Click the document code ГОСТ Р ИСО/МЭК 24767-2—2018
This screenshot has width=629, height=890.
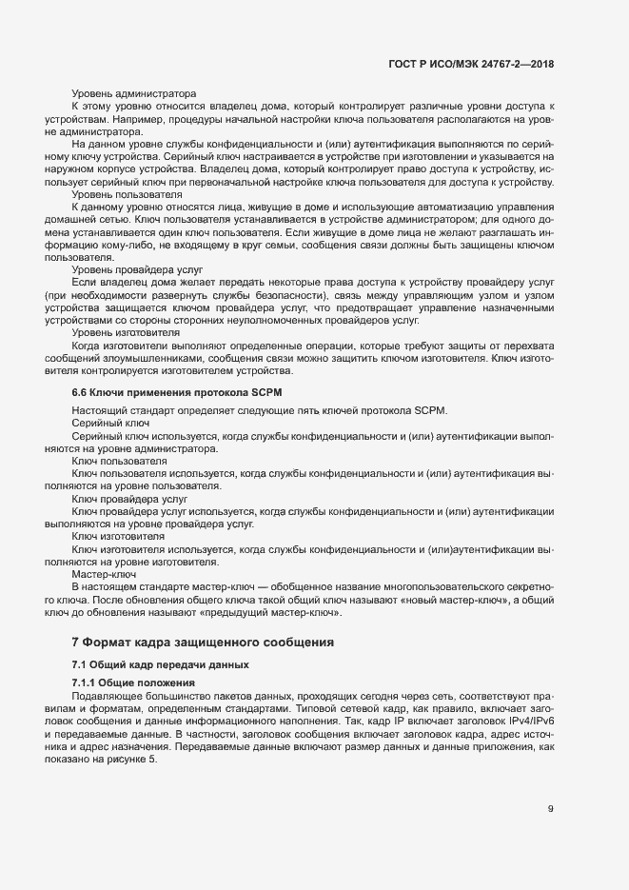[471, 64]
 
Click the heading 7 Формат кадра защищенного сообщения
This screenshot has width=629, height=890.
[203, 643]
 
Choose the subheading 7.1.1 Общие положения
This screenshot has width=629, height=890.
[133, 683]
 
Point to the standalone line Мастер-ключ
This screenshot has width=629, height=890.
[105, 575]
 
